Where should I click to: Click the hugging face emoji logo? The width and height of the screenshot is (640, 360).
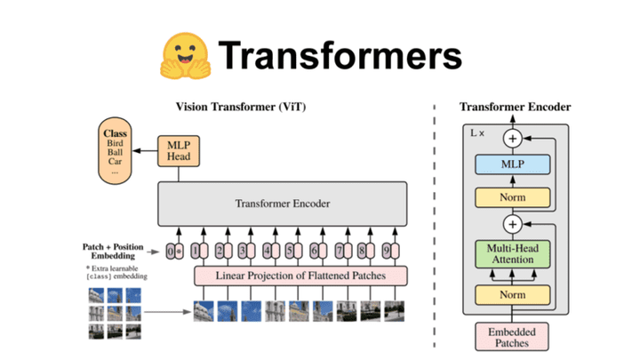(184, 55)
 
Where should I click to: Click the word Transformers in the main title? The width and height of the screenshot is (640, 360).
(341, 56)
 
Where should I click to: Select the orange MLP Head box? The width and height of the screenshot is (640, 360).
(174, 150)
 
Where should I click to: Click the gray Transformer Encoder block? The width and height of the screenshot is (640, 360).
(283, 204)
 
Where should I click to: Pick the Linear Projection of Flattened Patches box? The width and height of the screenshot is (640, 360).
(300, 276)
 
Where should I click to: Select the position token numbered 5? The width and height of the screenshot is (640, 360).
(291, 252)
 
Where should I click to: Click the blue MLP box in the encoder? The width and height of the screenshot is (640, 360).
(513, 165)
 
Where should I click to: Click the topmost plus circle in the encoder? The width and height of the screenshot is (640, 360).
(513, 138)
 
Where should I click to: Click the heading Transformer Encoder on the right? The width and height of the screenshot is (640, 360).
(515, 108)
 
